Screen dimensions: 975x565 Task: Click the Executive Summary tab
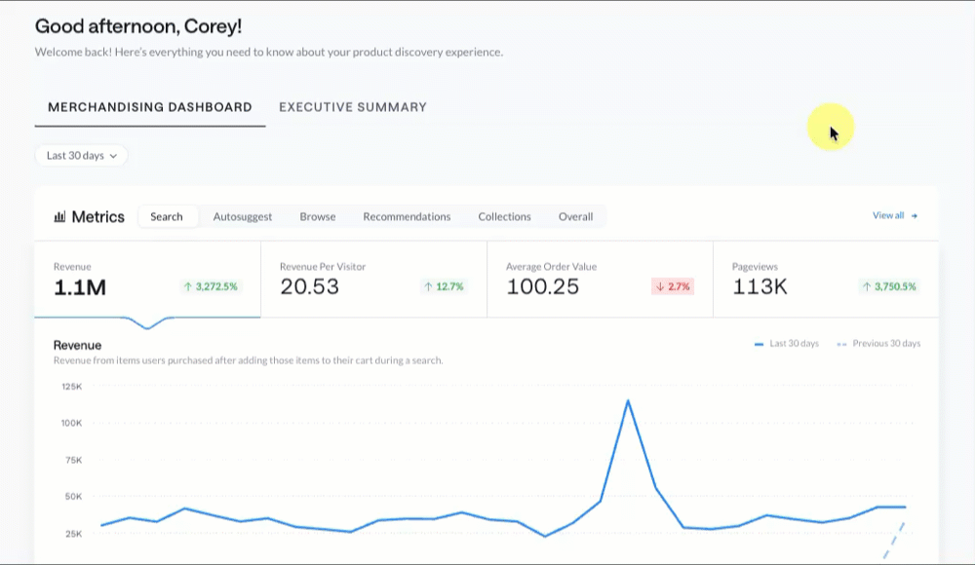pos(353,107)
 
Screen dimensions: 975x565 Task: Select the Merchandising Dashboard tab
pos(150,107)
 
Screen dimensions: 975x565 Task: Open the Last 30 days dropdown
pos(82,156)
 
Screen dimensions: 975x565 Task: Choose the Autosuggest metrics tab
pos(243,216)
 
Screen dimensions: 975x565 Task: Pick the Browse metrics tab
pos(318,216)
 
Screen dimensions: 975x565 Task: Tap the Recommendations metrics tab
pos(407,216)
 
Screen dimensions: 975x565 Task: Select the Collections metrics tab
pos(504,216)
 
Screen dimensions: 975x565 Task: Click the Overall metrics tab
pos(576,216)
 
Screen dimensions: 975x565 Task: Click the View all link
pos(895,215)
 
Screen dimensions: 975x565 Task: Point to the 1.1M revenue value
pos(80,287)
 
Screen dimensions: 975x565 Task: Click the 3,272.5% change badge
pos(211,286)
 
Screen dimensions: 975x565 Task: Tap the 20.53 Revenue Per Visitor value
pos(309,286)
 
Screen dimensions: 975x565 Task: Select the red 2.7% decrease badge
pos(673,286)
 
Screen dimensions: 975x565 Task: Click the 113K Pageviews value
pos(760,286)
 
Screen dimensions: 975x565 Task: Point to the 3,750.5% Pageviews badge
pos(889,286)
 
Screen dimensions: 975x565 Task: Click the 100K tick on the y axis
pos(71,424)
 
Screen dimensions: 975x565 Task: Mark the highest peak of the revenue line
pos(628,401)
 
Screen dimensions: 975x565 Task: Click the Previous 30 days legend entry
pos(878,344)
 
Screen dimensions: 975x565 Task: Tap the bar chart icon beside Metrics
pos(59,216)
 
